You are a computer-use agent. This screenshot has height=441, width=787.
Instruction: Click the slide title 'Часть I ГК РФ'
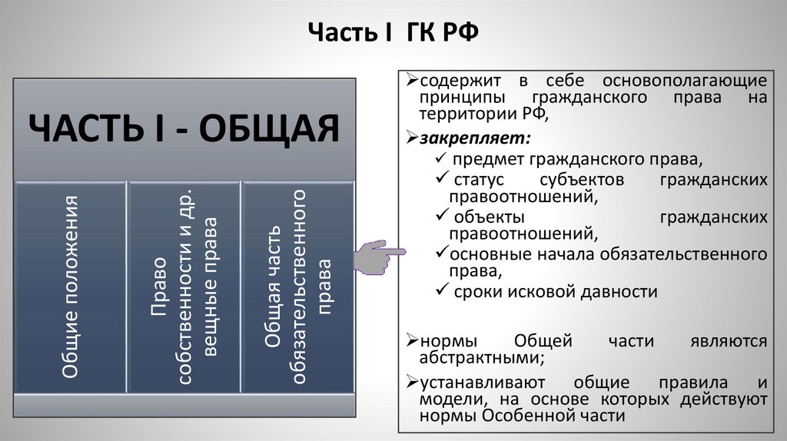pyautogui.click(x=393, y=34)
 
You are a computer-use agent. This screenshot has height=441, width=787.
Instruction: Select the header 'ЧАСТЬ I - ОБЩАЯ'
pyautogui.click(x=184, y=127)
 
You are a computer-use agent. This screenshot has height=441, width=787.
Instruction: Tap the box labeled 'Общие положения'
pyautogui.click(x=71, y=287)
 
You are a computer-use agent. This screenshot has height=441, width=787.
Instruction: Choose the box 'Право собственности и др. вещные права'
pyautogui.click(x=184, y=287)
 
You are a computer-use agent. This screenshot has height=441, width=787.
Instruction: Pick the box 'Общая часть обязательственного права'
pyautogui.click(x=297, y=287)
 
